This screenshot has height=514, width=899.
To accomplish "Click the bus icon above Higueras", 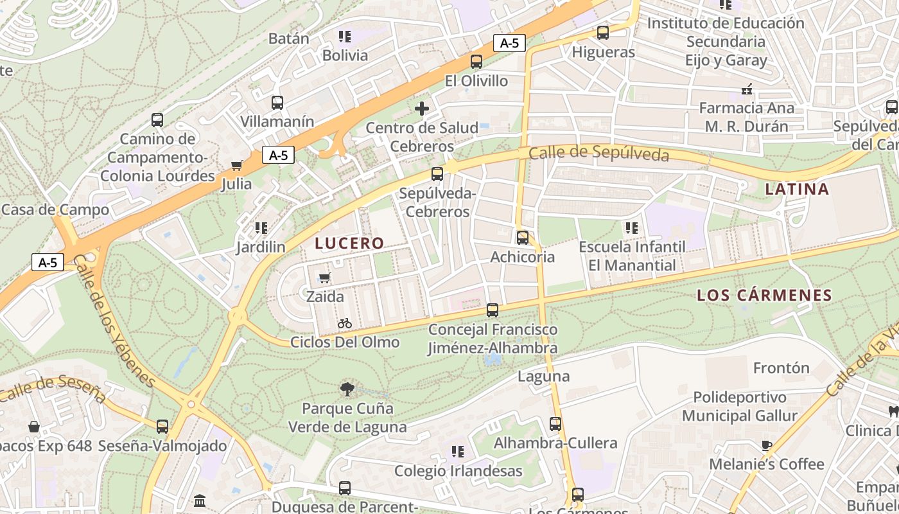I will pyautogui.click(x=602, y=32).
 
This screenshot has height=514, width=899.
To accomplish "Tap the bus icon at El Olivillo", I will pyautogui.click(x=476, y=62).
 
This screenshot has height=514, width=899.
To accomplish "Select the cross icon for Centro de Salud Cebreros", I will pyautogui.click(x=422, y=109).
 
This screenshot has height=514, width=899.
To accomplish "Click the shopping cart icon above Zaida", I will pyautogui.click(x=325, y=278).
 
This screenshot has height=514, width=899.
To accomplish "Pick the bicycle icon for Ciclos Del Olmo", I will pyautogui.click(x=345, y=323).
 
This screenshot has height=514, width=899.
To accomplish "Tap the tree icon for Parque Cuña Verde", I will pyautogui.click(x=347, y=389).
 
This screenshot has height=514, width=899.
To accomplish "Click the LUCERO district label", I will pyautogui.click(x=349, y=244).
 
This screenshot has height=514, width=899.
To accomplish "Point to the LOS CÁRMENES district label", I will pyautogui.click(x=764, y=296).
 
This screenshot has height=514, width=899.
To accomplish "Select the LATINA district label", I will pyautogui.click(x=797, y=190).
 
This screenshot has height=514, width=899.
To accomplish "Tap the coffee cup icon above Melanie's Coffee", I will pyautogui.click(x=766, y=445).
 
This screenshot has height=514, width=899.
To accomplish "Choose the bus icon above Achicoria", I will pyautogui.click(x=523, y=238).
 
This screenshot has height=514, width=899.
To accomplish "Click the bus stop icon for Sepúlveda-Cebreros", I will pyautogui.click(x=437, y=174).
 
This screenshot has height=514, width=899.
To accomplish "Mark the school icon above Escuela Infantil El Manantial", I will pyautogui.click(x=632, y=227).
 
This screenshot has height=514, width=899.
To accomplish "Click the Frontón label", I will pyautogui.click(x=781, y=368).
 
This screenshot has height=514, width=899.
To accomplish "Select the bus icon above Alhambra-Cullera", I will pyautogui.click(x=555, y=424).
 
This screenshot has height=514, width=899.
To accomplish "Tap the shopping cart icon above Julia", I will pyautogui.click(x=236, y=166).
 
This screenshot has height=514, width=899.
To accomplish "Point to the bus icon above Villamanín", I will pyautogui.click(x=277, y=103).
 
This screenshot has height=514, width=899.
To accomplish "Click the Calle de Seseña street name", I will pyautogui.click(x=53, y=389).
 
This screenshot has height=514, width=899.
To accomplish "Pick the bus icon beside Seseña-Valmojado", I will pyautogui.click(x=162, y=427).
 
